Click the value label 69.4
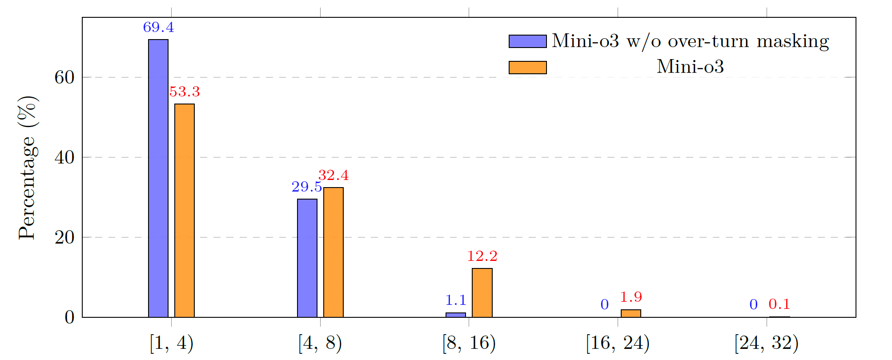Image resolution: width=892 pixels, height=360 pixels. [x=158, y=28]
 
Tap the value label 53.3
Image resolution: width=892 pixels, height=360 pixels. [x=185, y=92]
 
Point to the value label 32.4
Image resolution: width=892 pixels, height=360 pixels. [x=333, y=176]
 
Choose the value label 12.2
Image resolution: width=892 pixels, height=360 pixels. [x=482, y=256]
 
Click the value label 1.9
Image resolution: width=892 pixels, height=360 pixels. [x=631, y=297]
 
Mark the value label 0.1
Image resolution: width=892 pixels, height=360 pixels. [x=779, y=304]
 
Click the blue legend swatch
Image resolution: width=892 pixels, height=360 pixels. [x=528, y=41]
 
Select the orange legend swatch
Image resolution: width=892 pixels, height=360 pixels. [x=528, y=68]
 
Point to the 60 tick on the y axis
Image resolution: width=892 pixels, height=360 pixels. [x=64, y=77]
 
